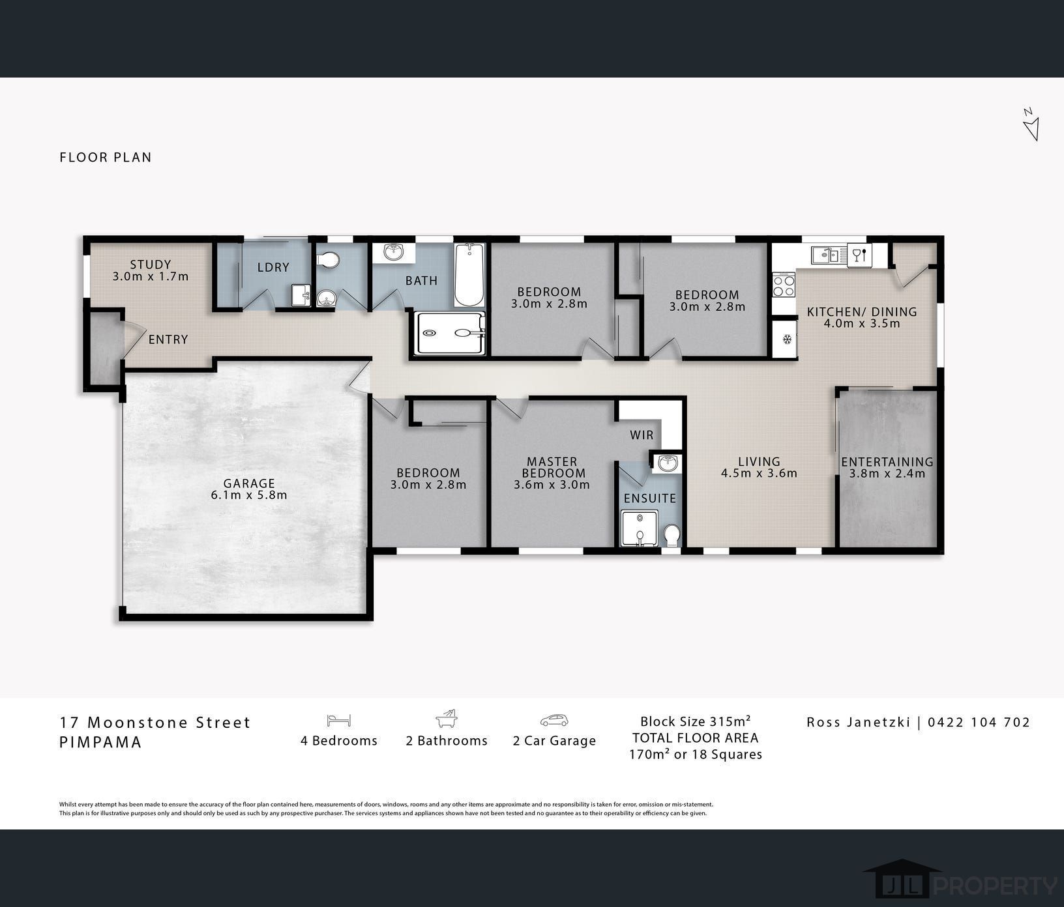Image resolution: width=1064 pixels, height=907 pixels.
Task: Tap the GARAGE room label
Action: tap(249, 483)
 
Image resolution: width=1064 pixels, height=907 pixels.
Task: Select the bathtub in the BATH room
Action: tap(469, 276)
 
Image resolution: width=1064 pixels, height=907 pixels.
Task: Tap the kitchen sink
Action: tap(828, 254)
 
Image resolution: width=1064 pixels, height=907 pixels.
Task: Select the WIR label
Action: tap(642, 435)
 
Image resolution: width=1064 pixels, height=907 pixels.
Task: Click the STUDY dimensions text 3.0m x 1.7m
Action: tap(151, 276)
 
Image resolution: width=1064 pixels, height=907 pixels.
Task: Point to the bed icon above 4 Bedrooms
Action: tap(339, 720)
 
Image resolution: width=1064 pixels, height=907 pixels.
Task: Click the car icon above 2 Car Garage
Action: tap(554, 721)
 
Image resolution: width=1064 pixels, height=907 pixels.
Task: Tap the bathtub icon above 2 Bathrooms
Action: tap(447, 719)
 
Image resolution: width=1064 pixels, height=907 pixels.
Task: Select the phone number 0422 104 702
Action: tap(979, 722)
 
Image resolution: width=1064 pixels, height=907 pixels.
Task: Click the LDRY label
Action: tap(273, 268)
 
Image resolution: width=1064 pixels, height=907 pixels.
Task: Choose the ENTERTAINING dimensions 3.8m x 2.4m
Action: tap(887, 474)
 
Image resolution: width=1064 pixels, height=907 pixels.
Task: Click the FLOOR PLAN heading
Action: tap(106, 157)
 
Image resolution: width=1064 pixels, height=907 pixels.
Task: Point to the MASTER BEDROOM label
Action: tap(552, 467)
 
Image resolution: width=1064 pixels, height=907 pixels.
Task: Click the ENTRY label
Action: tap(168, 339)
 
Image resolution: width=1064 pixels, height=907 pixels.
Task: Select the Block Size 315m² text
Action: tap(696, 721)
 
